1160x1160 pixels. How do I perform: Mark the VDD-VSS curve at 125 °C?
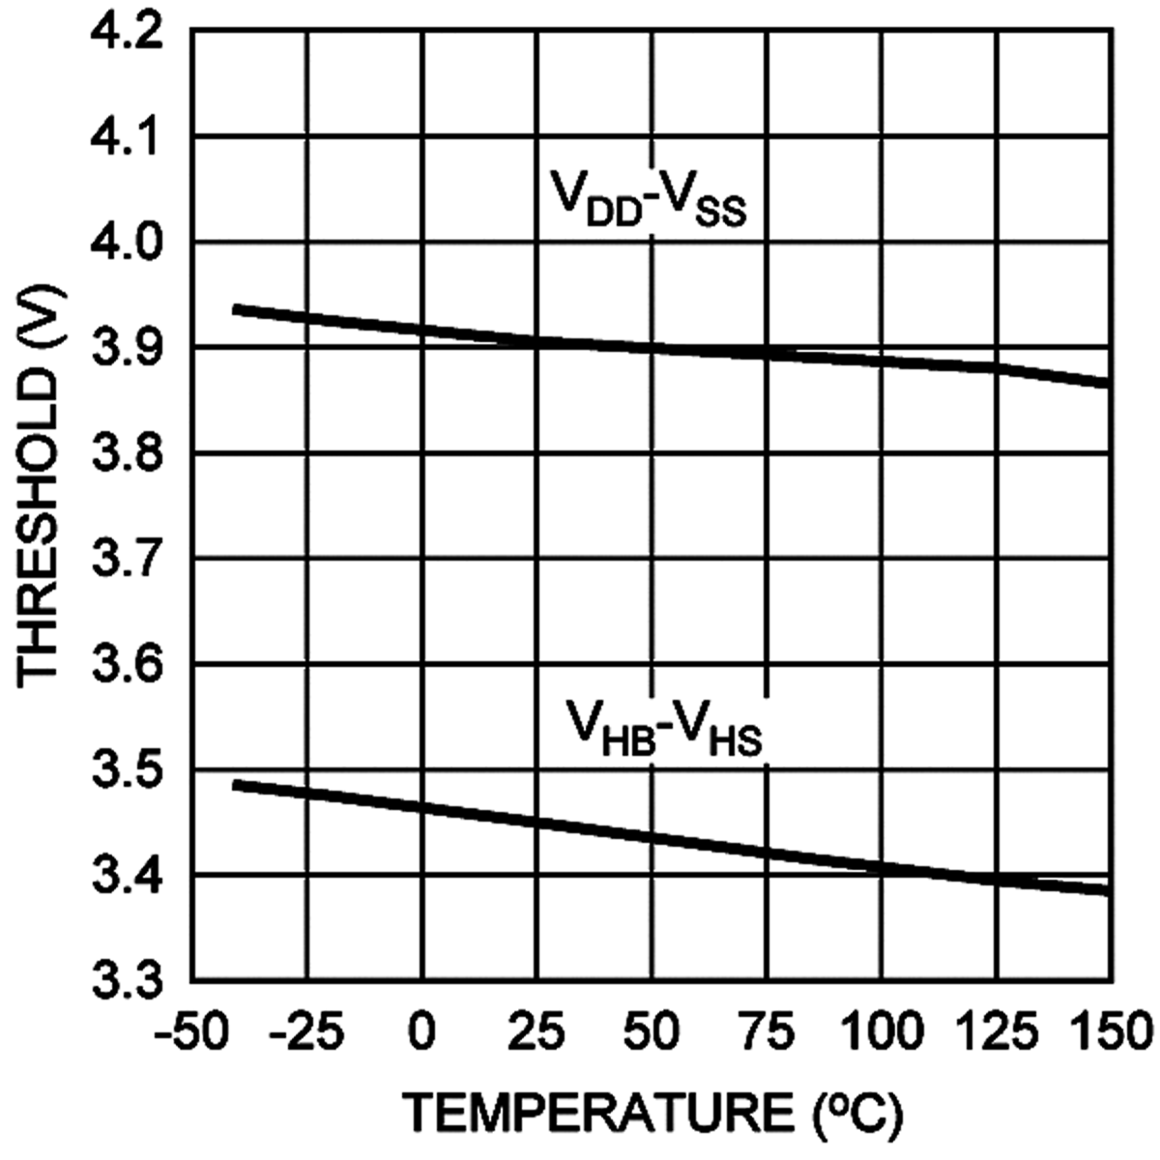(997, 367)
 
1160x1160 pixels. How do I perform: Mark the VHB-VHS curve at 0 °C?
(422, 806)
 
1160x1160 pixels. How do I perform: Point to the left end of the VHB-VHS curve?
(235, 784)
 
